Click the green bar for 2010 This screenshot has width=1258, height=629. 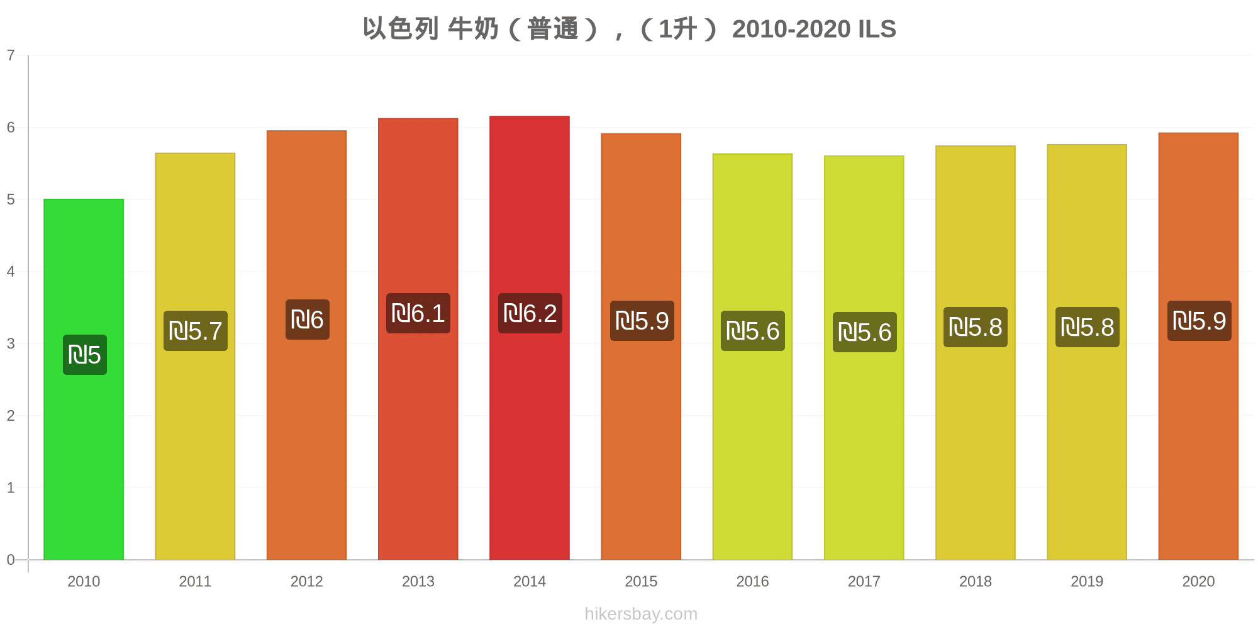(x=84, y=440)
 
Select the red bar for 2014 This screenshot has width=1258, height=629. (x=530, y=440)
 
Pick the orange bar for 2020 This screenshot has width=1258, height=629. (x=1198, y=440)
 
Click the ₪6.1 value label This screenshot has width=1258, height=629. (x=418, y=313)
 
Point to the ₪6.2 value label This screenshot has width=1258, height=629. (x=530, y=313)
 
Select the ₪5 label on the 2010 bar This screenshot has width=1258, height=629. (x=85, y=355)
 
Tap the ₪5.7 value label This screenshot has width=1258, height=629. (x=196, y=331)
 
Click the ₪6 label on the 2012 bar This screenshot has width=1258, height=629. (x=308, y=320)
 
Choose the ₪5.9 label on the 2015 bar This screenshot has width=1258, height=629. (x=642, y=321)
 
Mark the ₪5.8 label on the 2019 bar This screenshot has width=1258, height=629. (x=1088, y=327)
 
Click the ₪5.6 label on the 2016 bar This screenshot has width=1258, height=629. (x=753, y=331)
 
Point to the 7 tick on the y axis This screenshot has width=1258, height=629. (x=11, y=55)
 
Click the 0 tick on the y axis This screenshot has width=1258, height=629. (x=11, y=560)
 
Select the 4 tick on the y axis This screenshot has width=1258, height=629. (x=11, y=272)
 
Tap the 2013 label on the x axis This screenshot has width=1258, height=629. (x=418, y=581)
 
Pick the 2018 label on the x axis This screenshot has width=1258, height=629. (x=976, y=581)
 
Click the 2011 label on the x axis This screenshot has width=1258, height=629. (x=195, y=581)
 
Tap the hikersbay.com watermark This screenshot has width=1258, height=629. (x=641, y=614)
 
